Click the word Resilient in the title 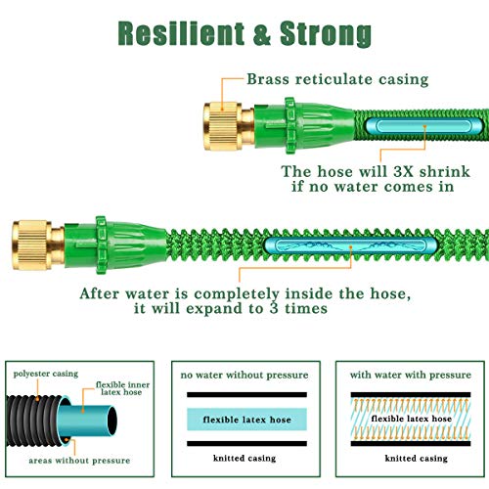(181, 33)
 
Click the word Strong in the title (326, 34)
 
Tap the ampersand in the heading (262, 33)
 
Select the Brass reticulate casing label (337, 79)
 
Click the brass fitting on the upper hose (229, 126)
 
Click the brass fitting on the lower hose (38, 245)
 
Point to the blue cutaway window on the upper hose (423, 126)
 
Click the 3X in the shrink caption (403, 172)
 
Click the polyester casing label (46, 374)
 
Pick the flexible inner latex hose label (122, 388)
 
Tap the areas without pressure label (79, 461)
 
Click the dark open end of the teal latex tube (112, 421)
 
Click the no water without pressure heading (244, 375)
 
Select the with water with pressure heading (411, 375)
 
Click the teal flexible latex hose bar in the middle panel (246, 420)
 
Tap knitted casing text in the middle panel (244, 458)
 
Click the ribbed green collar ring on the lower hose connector (101, 245)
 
